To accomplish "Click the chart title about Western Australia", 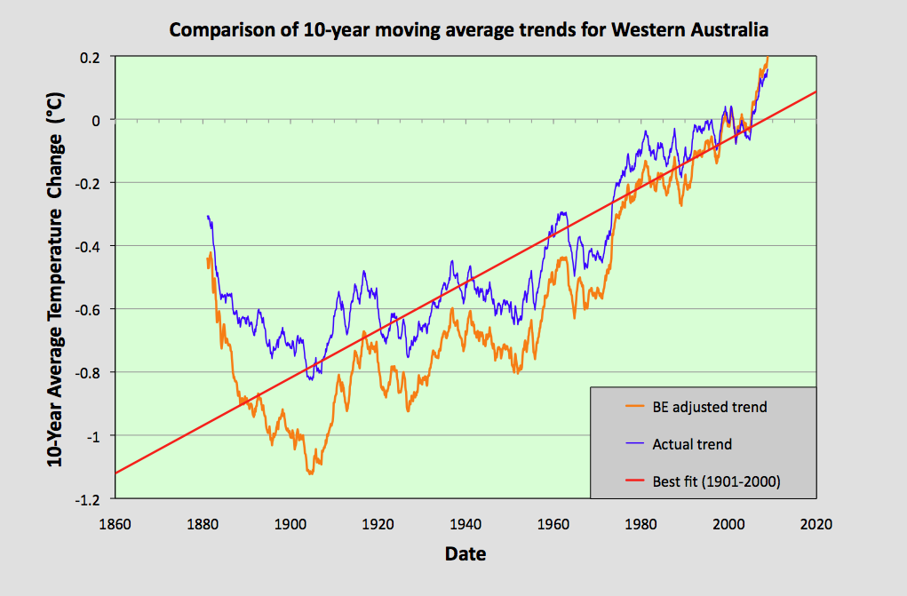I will click(x=469, y=30).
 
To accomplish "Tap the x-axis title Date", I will click(x=465, y=554).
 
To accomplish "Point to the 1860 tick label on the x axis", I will click(x=115, y=524).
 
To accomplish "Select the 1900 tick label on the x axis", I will click(x=290, y=524).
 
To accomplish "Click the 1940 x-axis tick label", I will click(x=465, y=524).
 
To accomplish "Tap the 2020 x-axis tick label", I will click(x=816, y=524).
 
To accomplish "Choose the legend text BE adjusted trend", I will click(x=709, y=408).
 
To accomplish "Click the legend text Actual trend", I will click(x=692, y=444).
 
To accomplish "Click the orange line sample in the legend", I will click(x=633, y=408).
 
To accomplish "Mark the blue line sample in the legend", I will click(x=633, y=444).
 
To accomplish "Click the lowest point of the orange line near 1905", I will click(x=310, y=473).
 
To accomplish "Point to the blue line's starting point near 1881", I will click(x=207, y=216).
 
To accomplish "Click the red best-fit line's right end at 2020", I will click(x=816, y=91).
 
